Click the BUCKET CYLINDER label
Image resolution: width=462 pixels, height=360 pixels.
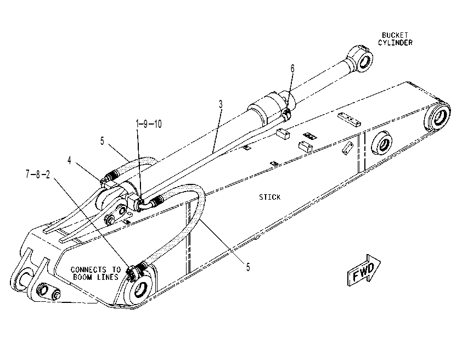pos(395,39)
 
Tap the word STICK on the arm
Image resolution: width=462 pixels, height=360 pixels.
pos(269,197)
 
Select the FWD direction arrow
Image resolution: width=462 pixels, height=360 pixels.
pos(364,270)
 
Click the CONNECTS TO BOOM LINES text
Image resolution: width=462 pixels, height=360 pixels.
pos(96,273)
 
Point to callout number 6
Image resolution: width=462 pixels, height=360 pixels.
pos(292,69)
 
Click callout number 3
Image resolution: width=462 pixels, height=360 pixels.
pos(221,104)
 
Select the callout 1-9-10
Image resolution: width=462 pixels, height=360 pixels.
pos(149,124)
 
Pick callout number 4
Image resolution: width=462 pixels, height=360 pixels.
pos(69,160)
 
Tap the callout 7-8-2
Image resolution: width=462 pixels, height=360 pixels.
pos(38,175)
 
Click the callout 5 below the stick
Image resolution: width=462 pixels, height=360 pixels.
pos(248,267)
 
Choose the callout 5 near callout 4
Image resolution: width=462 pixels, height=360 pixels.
pos(102,141)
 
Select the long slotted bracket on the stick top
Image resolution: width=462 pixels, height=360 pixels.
pos(349,119)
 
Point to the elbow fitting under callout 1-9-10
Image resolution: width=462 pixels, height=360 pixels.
pos(142,205)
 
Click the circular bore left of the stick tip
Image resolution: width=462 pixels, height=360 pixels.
pos(382,144)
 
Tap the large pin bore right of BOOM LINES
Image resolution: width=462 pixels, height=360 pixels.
pos(142,289)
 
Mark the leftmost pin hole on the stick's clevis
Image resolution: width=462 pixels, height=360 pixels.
pos(24,278)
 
